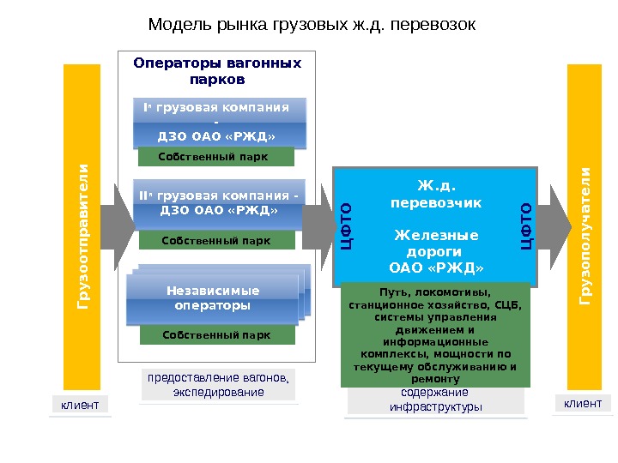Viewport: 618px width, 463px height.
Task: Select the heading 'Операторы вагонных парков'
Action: [216, 71]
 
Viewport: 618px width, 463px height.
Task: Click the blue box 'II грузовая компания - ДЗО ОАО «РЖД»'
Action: [219, 204]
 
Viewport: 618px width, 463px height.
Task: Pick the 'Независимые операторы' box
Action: [213, 298]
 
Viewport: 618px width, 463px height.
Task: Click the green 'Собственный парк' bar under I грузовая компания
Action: [215, 157]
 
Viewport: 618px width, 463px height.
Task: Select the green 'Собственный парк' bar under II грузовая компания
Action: [216, 241]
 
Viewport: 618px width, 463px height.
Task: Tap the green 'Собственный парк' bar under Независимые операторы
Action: [216, 334]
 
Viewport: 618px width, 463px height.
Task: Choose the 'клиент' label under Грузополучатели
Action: [582, 403]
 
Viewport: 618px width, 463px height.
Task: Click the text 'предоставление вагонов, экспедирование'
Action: [218, 385]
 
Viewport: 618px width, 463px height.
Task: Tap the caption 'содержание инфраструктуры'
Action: [435, 400]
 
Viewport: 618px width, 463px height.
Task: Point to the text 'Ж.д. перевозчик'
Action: [436, 195]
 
